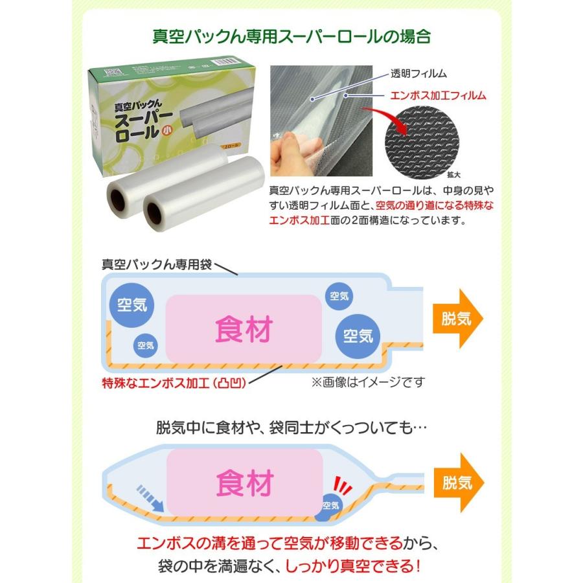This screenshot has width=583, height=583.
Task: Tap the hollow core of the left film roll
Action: pos(118,197)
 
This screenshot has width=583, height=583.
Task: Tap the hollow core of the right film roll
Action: pos(155,212)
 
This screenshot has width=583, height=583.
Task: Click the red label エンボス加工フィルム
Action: pos(439,96)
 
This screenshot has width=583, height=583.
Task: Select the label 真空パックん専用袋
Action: pos(157,264)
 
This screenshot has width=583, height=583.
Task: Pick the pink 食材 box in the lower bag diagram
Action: pos(244,483)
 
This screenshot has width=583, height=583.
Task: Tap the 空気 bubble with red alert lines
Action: pos(330,506)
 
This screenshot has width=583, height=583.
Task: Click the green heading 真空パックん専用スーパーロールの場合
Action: pos(291,34)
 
